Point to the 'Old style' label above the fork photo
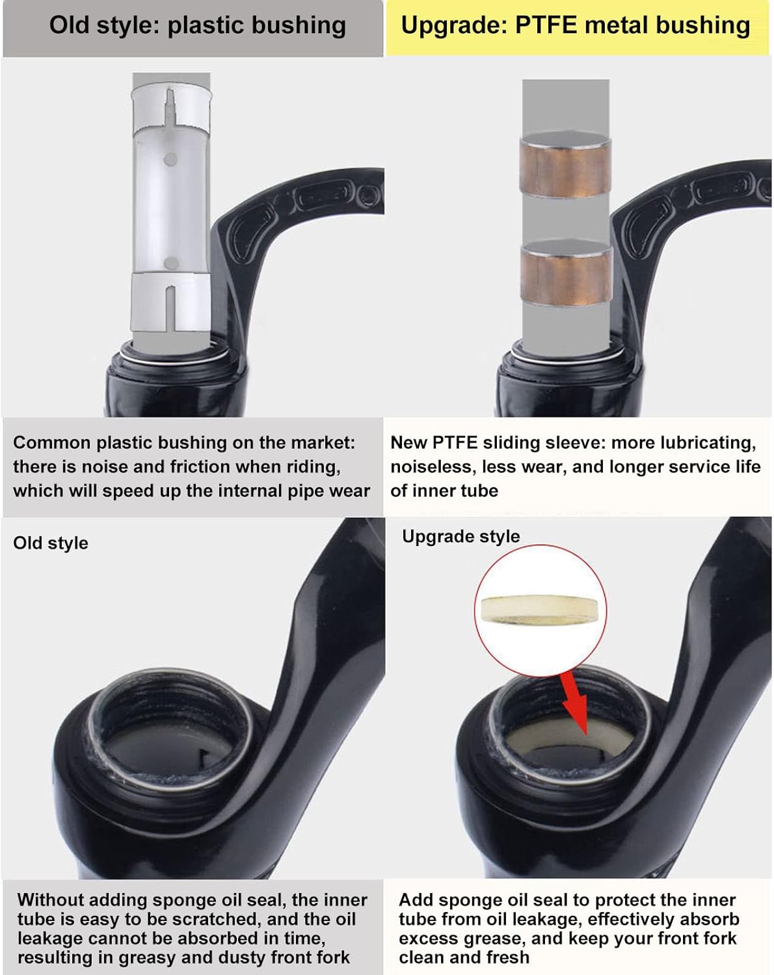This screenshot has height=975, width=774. pos(51,543)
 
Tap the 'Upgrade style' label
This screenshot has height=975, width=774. pos(460,536)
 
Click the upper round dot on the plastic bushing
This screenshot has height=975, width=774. pos(170,159)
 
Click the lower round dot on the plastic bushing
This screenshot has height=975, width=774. pos(172,263)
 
